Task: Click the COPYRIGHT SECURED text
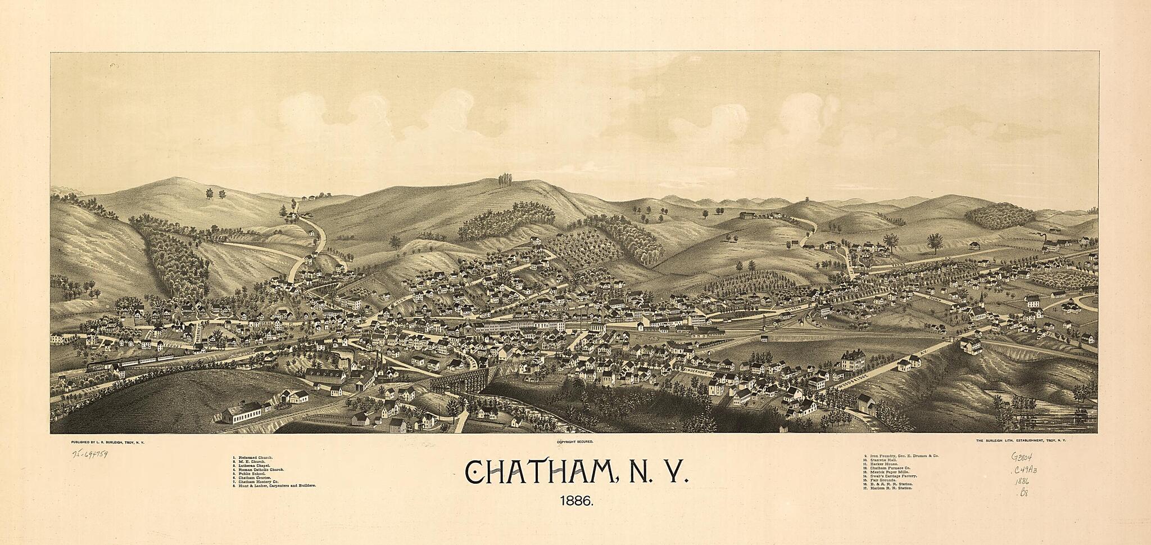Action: click(x=575, y=443)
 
